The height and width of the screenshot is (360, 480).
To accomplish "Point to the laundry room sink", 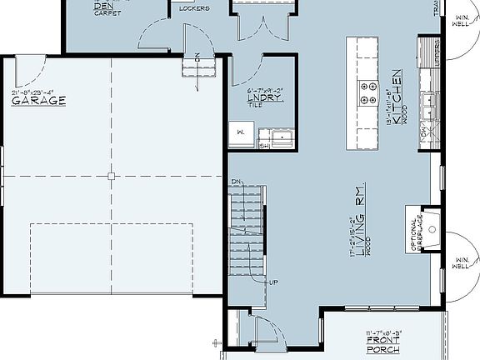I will click(281, 137).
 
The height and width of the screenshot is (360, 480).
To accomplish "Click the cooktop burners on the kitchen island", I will click(368, 93).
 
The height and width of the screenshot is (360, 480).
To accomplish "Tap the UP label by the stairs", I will click(272, 282).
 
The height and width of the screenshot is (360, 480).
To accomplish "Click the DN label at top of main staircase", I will click(237, 181).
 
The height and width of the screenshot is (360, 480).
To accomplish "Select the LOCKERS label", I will click(194, 9).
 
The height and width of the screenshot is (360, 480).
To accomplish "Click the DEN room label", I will click(102, 4).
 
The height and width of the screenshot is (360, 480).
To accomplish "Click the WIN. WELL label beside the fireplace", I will click(460, 263).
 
